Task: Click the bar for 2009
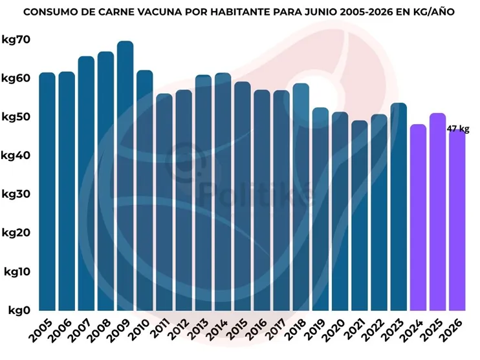pyautogui.click(x=125, y=176)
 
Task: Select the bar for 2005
pyautogui.click(x=47, y=191)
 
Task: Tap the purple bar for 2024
pyautogui.click(x=418, y=217)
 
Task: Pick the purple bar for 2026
pyautogui.click(x=457, y=220)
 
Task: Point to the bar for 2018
pyautogui.click(x=301, y=197)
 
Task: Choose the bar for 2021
pyautogui.click(x=360, y=216)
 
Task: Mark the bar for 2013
pyautogui.click(x=203, y=193)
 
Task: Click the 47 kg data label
pyautogui.click(x=457, y=129)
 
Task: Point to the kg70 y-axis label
pyautogui.click(x=16, y=39)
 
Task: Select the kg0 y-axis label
pyautogui.click(x=19, y=310)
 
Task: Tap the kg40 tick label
pyautogui.click(x=16, y=155)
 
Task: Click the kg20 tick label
pyautogui.click(x=17, y=233)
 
